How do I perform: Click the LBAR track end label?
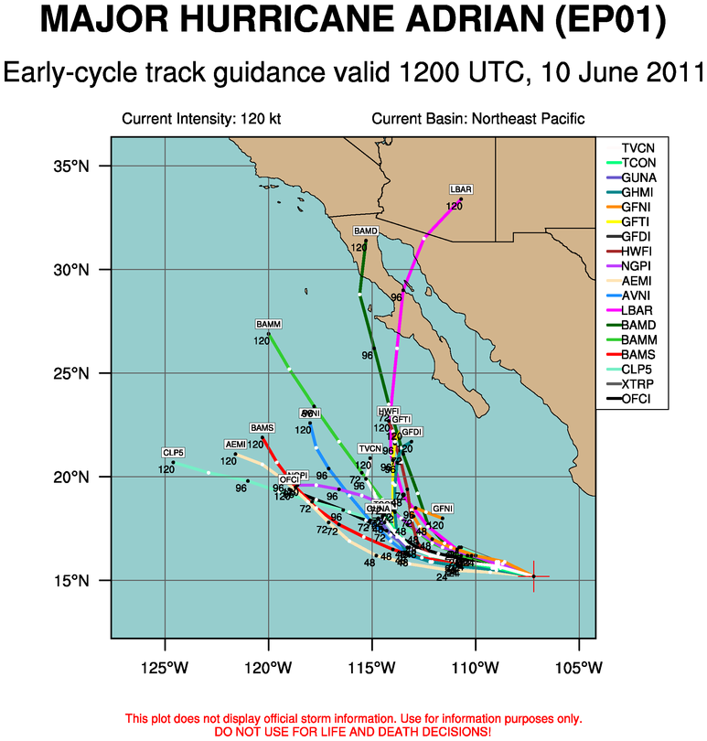[461, 189]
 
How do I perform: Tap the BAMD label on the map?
[366, 231]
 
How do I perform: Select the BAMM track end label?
[268, 325]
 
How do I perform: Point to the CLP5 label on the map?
[174, 453]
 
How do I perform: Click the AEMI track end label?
[235, 445]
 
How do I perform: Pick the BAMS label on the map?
[262, 427]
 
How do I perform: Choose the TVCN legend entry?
[637, 148]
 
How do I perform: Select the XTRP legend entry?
[637, 384]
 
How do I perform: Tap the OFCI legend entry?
[637, 399]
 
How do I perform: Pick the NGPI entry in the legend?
[637, 266]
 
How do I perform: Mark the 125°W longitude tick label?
[166, 664]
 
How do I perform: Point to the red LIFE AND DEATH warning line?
[352, 732]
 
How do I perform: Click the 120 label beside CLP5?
[166, 469]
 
